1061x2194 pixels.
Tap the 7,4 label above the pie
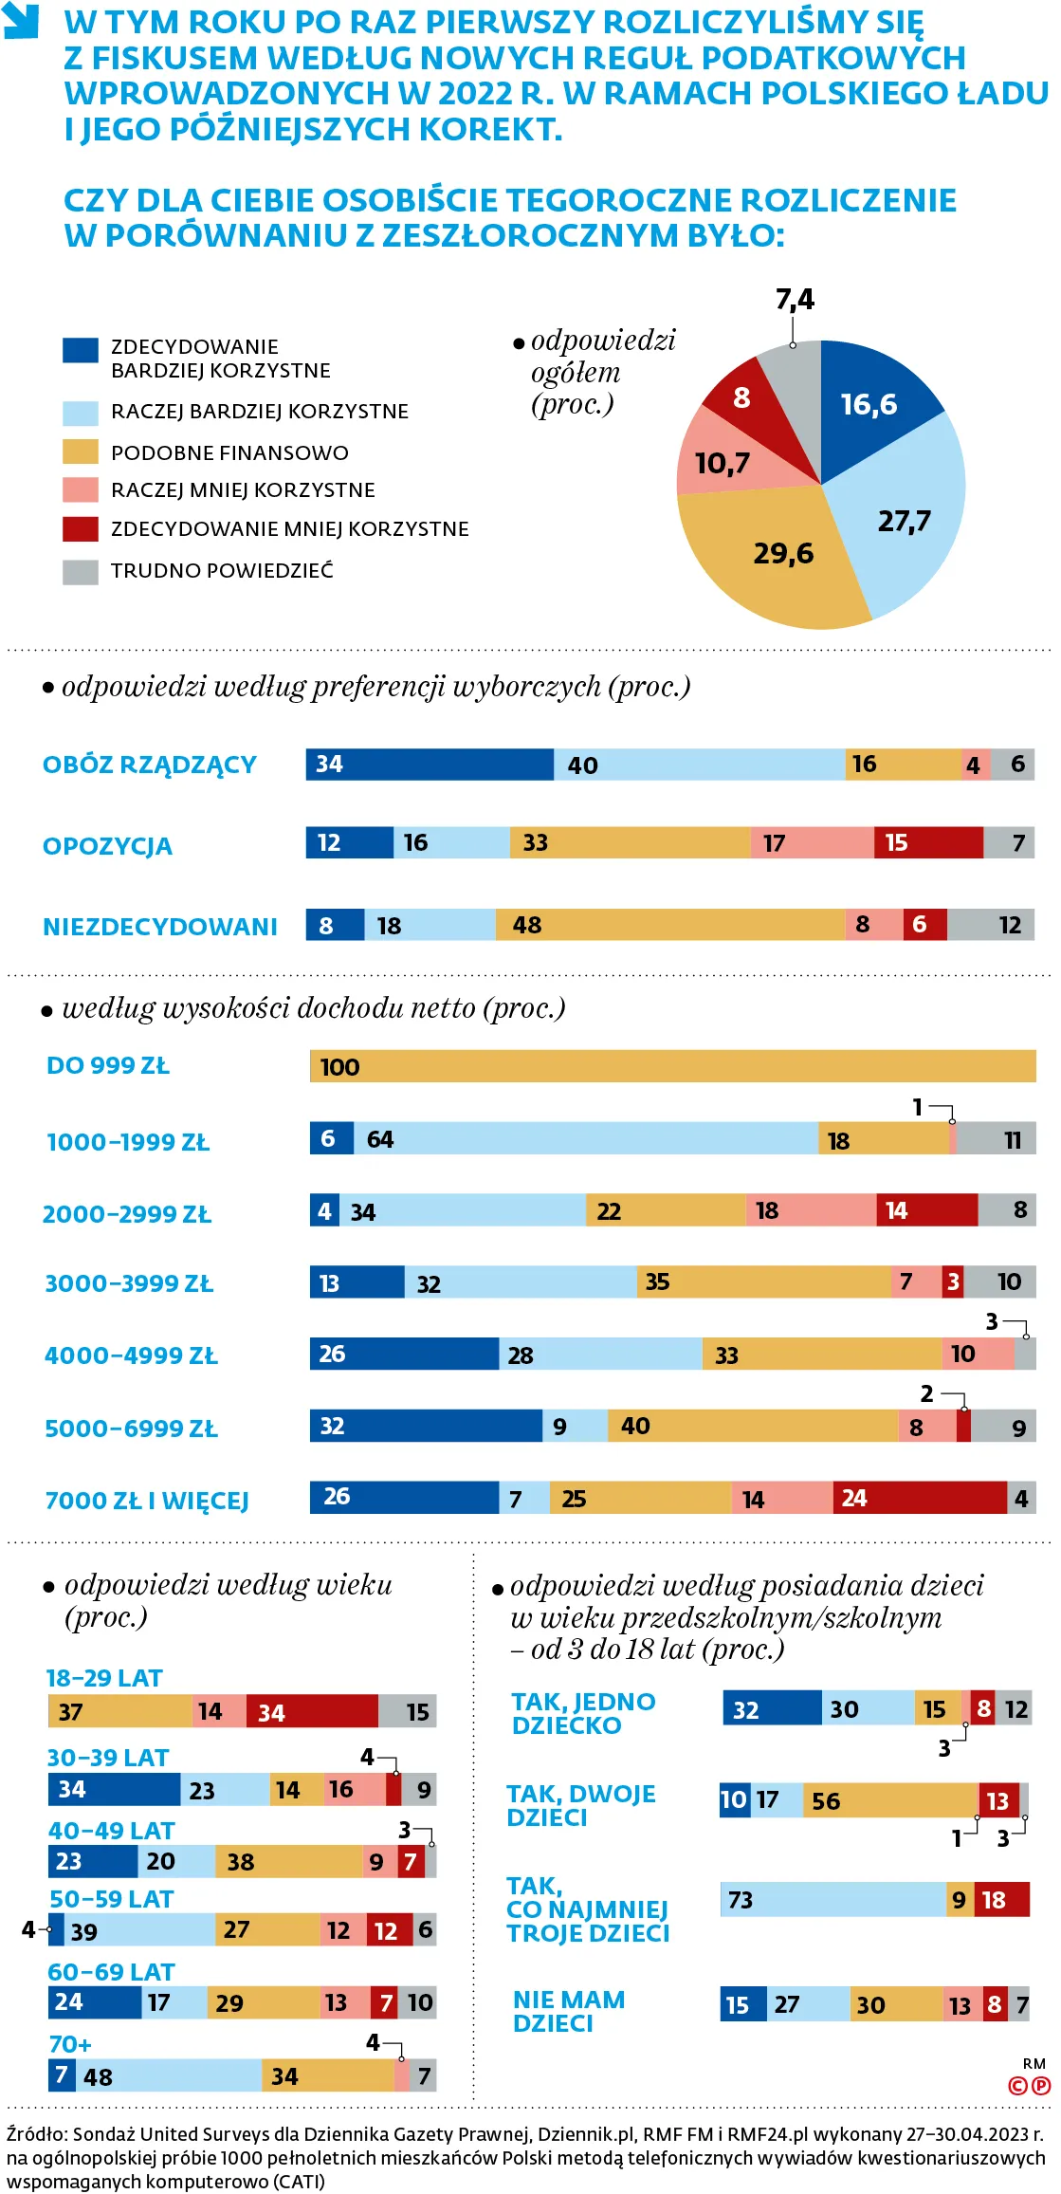[x=795, y=300]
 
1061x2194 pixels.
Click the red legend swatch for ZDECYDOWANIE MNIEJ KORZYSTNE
[x=81, y=528]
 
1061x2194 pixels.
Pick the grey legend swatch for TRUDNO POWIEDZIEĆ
[x=81, y=571]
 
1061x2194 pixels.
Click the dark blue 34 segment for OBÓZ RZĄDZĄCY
[x=429, y=765]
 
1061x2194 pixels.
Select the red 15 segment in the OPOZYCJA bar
[x=928, y=842]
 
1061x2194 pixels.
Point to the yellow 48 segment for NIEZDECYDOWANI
[x=669, y=925]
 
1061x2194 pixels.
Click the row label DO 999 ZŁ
[x=108, y=1066]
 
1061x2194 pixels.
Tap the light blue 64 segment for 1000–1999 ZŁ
[x=585, y=1138]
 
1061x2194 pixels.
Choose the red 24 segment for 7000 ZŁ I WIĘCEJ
[x=919, y=1498]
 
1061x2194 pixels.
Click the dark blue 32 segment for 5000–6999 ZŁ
[x=426, y=1426]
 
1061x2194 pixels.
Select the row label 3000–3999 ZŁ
[x=129, y=1283]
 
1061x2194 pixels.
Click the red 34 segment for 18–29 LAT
[x=312, y=1711]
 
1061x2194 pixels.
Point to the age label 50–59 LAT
[x=112, y=1899]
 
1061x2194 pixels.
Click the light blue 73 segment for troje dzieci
[x=833, y=1899]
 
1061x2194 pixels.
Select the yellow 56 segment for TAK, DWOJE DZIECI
[x=890, y=1800]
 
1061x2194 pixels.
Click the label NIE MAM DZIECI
[x=568, y=2011]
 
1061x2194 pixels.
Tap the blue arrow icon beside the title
[x=21, y=21]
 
